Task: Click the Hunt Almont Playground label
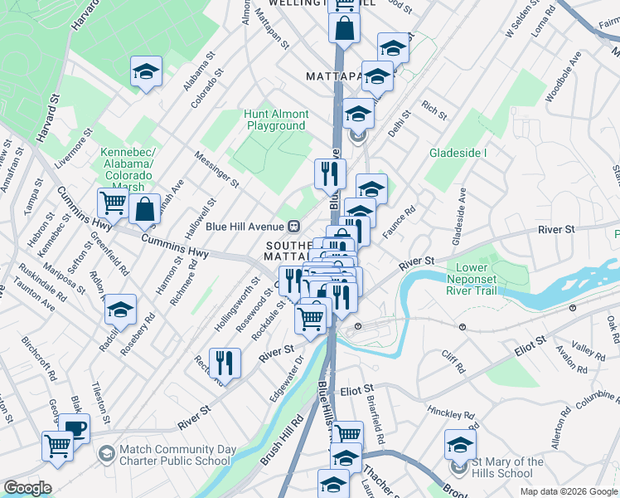(277, 120)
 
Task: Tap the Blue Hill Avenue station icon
(293, 226)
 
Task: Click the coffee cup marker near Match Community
(75, 428)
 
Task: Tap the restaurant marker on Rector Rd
(225, 362)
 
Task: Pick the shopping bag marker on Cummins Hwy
(145, 211)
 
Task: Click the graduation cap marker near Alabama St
(147, 72)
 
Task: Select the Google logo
(27, 488)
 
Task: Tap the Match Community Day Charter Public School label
(175, 456)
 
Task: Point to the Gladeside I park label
(458, 154)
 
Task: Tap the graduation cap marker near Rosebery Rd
(121, 310)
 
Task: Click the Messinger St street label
(216, 168)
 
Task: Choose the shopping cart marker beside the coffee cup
(58, 446)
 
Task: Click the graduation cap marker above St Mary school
(460, 444)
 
